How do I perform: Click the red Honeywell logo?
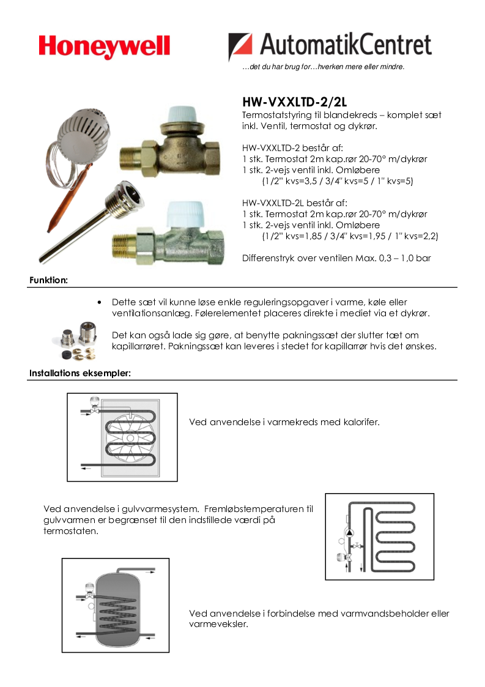(x=105, y=46)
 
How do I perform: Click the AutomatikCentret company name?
(x=344, y=45)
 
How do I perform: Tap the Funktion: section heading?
(x=48, y=280)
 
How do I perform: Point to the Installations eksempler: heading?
(x=80, y=373)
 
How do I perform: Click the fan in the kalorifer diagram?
(x=130, y=437)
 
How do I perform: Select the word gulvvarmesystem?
(x=158, y=508)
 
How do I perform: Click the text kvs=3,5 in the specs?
(x=305, y=181)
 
